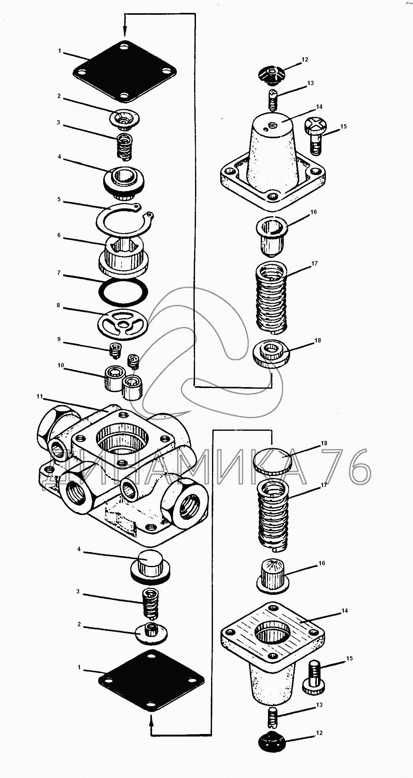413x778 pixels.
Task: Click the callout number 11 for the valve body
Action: coord(39,396)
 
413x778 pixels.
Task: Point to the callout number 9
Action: coord(59,340)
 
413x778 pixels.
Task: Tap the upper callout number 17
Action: coord(315,263)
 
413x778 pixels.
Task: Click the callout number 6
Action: coord(59,235)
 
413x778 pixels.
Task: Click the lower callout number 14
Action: coord(344,611)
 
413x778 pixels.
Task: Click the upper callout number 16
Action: coord(314,212)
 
